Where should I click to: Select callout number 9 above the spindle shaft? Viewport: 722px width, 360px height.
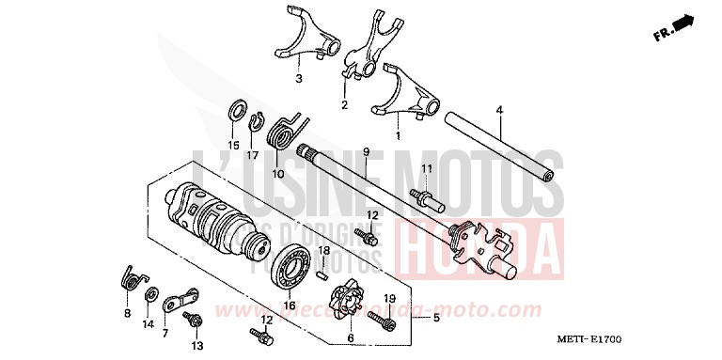pyautogui.click(x=367, y=151)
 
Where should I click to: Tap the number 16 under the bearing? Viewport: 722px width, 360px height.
pyautogui.click(x=289, y=305)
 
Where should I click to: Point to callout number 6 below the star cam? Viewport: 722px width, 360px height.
pyautogui.click(x=351, y=338)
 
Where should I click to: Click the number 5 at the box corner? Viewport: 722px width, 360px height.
pyautogui.click(x=436, y=319)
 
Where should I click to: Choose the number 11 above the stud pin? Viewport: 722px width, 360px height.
pyautogui.click(x=425, y=168)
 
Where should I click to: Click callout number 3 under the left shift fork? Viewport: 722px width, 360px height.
pyautogui.click(x=298, y=79)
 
